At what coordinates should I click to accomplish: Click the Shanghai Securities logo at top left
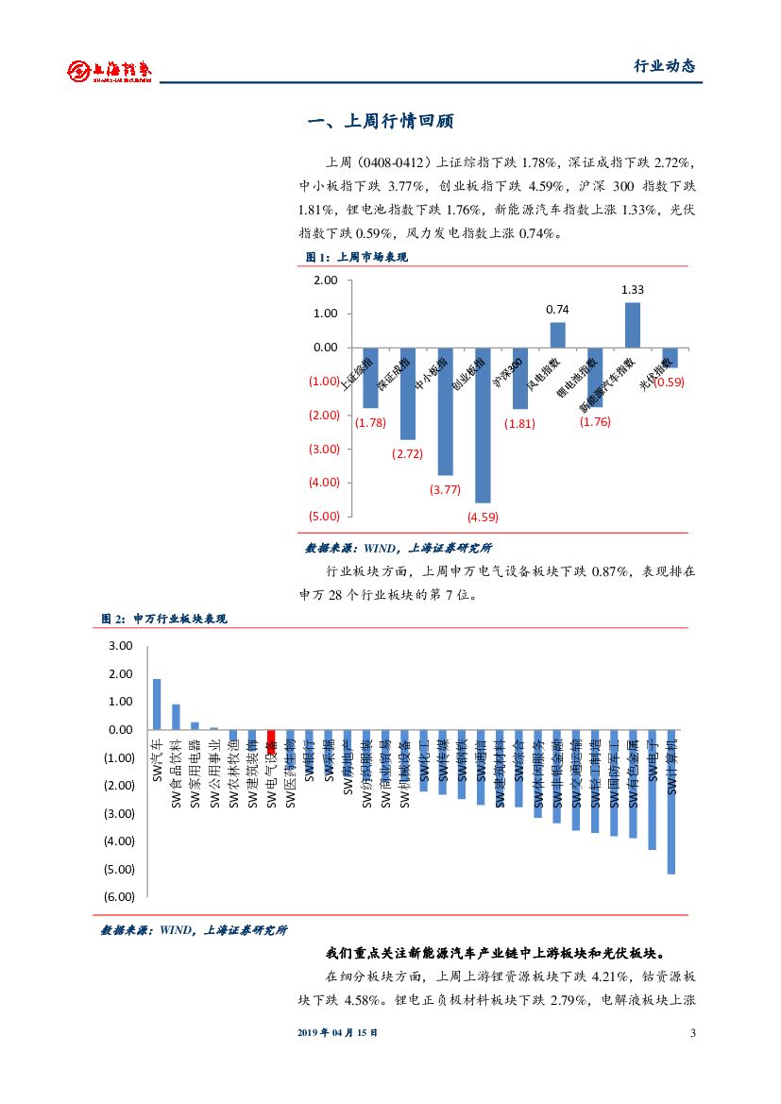[110, 69]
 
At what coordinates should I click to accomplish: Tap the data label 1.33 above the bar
[633, 290]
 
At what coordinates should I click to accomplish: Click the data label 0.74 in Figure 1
[557, 309]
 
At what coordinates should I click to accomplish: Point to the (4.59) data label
[483, 517]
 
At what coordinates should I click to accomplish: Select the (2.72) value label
[407, 454]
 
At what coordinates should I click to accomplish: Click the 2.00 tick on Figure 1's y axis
[325, 280]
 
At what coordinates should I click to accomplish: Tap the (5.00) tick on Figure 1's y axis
[323, 516]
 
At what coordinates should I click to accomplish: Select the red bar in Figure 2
[271, 741]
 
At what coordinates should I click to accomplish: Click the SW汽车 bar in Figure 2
[157, 705]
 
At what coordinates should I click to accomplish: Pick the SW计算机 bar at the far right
[671, 802]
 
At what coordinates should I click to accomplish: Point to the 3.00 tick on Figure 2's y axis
[121, 646]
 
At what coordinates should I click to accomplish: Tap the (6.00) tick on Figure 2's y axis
[119, 896]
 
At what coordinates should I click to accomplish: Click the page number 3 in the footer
[693, 1033]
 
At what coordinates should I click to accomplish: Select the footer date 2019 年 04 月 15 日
[337, 1033]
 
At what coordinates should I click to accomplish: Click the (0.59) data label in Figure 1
[669, 382]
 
